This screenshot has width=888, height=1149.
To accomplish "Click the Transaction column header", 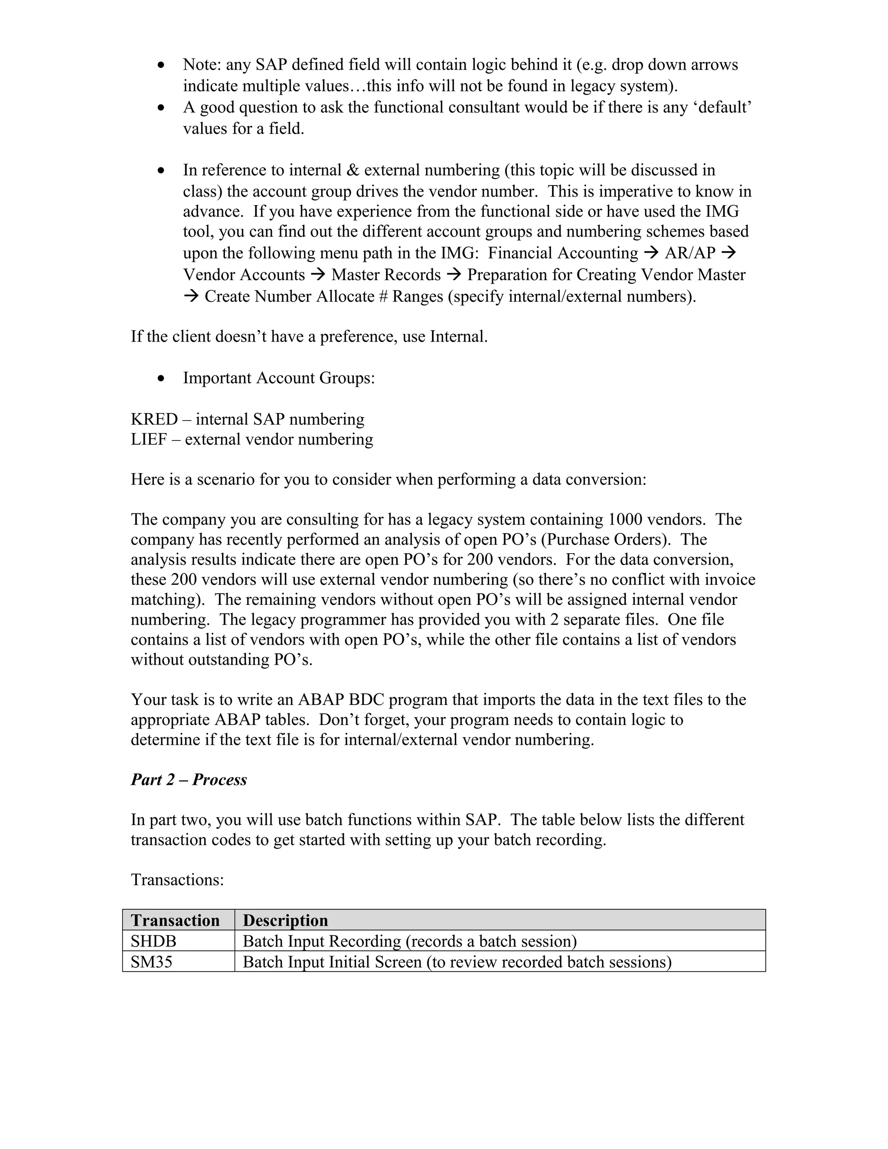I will pyautogui.click(x=175, y=920).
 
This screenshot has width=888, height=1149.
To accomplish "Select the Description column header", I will pyautogui.click(x=285, y=920).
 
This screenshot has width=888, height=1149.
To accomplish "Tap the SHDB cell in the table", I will pyautogui.click(x=153, y=941).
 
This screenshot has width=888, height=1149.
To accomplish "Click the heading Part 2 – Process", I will pyautogui.click(x=188, y=779).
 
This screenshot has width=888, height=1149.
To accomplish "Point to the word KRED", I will pyautogui.click(x=154, y=419).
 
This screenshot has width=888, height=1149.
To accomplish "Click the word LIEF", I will pyautogui.click(x=148, y=439).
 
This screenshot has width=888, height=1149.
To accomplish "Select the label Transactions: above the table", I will pyautogui.click(x=177, y=880).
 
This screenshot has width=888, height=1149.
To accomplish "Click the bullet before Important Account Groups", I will pyautogui.click(x=161, y=378).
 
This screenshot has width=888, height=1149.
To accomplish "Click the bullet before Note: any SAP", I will pyautogui.click(x=161, y=65).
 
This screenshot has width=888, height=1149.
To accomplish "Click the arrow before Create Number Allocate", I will pyautogui.click(x=191, y=297).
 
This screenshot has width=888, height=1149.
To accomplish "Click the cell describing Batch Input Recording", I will pyautogui.click(x=409, y=941).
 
